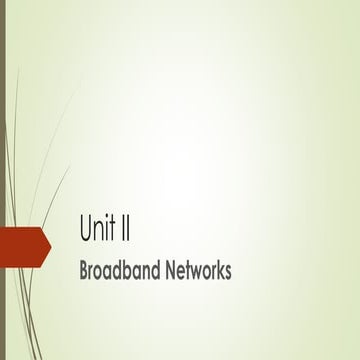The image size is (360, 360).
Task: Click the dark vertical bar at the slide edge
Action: [x=3, y=180]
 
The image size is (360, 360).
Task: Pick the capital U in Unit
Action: [x=86, y=229]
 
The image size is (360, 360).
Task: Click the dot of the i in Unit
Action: [x=108, y=219]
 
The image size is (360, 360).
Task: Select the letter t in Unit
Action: [x=114, y=230]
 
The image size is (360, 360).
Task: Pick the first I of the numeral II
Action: [x=126, y=229]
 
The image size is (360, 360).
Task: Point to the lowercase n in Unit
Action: [x=100, y=232]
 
